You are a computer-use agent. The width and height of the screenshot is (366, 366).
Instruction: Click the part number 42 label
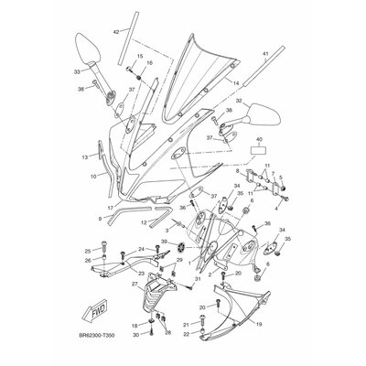point(116,32)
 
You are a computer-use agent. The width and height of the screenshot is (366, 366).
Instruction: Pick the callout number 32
point(239,102)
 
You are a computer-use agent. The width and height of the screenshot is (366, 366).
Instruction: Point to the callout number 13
point(84,157)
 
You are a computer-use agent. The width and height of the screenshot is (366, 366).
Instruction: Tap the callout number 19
point(259,323)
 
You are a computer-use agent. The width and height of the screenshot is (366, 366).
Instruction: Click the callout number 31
point(197,279)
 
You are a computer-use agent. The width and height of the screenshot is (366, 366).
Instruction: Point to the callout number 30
point(135,336)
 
